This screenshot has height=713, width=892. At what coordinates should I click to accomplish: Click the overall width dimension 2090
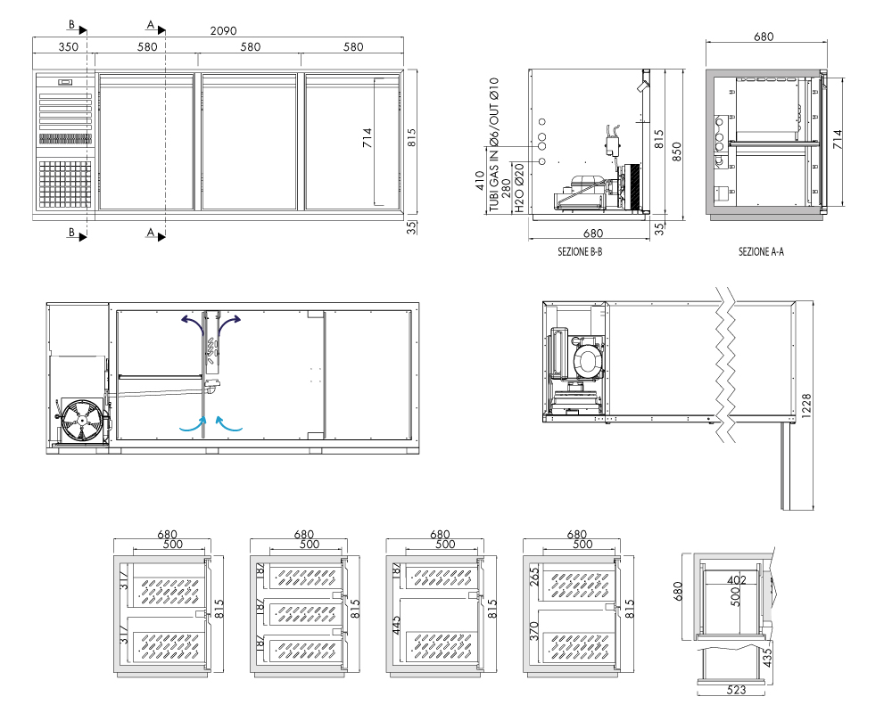(223, 30)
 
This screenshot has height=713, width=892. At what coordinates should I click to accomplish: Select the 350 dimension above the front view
(69, 46)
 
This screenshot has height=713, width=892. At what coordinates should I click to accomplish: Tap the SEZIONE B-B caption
(580, 251)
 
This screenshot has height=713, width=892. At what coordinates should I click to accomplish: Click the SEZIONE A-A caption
(761, 251)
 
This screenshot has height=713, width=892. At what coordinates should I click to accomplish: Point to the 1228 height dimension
(806, 406)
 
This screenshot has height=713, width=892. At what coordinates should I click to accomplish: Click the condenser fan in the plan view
(83, 422)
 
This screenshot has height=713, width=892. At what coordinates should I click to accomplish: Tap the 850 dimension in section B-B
(676, 152)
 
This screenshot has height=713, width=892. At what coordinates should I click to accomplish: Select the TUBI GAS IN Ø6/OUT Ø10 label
(494, 144)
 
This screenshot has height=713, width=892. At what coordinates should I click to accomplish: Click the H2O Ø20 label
(519, 188)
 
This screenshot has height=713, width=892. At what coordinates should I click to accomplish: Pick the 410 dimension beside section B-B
(480, 181)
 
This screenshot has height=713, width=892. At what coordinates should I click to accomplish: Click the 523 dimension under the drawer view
(736, 690)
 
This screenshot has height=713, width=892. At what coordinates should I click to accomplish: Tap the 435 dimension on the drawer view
(767, 658)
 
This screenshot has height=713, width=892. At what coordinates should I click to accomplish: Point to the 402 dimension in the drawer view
(736, 580)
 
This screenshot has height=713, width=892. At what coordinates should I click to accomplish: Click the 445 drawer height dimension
(397, 625)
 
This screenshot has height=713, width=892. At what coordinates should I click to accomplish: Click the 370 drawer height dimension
(533, 632)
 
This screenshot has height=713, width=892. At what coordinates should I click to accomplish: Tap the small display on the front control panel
(65, 83)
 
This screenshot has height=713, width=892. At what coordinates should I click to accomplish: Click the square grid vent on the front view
(65, 184)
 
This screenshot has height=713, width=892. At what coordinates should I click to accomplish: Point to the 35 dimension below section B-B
(659, 229)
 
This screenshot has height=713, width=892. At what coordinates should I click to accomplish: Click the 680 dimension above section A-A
(764, 37)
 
